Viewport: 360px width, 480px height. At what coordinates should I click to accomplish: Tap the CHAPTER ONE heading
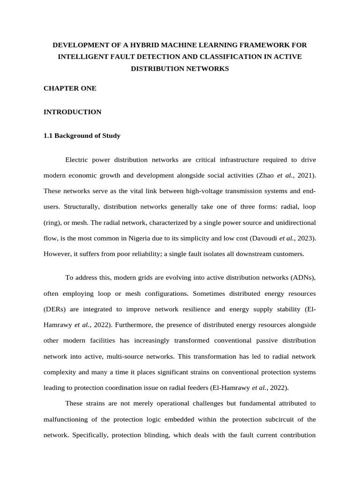click(x=70, y=88)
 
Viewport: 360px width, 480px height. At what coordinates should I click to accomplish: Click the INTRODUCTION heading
click(x=72, y=112)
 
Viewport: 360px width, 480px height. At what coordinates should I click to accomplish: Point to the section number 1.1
click(x=48, y=136)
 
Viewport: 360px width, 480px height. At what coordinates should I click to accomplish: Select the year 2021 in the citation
click(x=307, y=175)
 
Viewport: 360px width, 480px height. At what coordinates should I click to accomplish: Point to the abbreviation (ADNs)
click(x=302, y=277)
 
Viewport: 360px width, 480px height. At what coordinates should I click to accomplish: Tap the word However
click(x=58, y=255)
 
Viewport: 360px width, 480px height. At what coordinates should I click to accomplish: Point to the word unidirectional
click(x=292, y=223)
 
